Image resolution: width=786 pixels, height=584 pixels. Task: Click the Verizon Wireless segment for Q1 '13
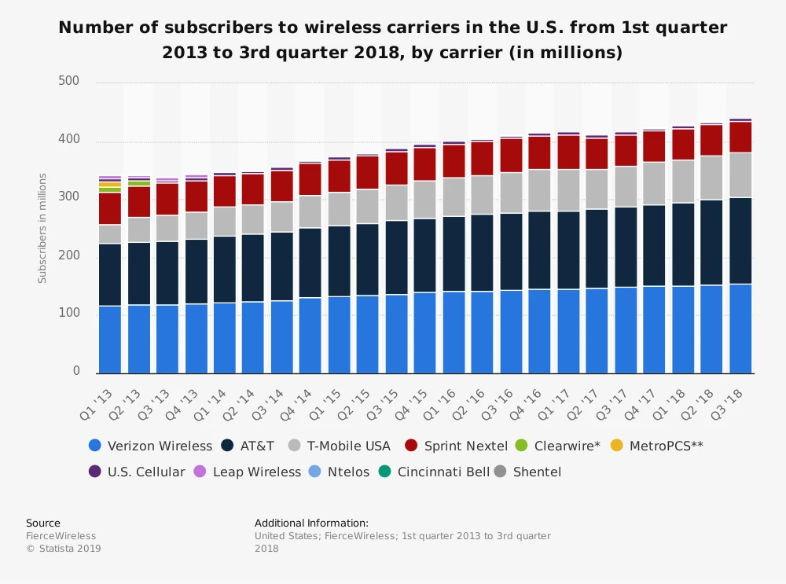click(x=109, y=339)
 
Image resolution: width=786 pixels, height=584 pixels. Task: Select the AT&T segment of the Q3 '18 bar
click(x=740, y=241)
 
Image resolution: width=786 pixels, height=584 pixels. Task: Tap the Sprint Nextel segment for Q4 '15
click(x=424, y=163)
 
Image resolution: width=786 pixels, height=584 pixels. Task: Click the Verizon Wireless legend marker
click(x=95, y=446)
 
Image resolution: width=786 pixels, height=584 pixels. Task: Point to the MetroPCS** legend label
click(x=666, y=446)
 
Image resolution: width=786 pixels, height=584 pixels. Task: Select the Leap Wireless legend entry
click(x=256, y=472)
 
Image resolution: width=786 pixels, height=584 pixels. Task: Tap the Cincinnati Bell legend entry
click(x=443, y=472)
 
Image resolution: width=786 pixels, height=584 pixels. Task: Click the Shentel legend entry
click(x=537, y=472)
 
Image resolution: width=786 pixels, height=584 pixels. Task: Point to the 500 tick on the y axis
click(x=69, y=81)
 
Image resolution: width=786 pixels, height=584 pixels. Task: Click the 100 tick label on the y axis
click(x=69, y=314)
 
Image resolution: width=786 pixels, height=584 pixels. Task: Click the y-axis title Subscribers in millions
click(x=42, y=228)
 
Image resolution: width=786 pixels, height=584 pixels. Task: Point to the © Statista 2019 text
click(x=64, y=549)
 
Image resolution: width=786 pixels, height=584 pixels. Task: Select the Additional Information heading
click(x=311, y=523)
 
